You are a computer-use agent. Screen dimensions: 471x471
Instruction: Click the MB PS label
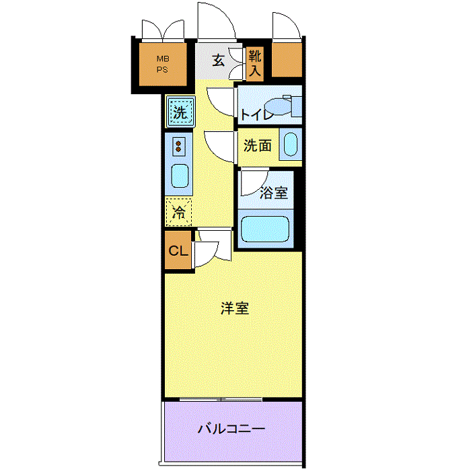(163, 64)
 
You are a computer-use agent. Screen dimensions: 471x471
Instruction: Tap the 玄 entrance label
(219, 61)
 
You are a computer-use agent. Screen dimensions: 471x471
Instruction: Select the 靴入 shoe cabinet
(255, 63)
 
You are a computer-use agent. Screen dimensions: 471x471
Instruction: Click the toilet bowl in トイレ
(279, 106)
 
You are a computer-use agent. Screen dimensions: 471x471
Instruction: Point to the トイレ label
(258, 115)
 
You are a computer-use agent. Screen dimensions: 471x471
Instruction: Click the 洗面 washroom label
(258, 145)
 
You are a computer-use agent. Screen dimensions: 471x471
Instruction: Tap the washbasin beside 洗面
(291, 144)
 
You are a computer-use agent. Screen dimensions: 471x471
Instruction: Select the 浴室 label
(274, 192)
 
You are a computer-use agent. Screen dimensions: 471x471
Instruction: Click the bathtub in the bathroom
(265, 229)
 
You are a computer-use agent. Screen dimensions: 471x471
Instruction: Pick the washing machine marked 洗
(180, 112)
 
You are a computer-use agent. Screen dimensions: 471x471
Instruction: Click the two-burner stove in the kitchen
(179, 146)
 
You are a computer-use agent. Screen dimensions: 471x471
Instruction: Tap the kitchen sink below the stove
(180, 176)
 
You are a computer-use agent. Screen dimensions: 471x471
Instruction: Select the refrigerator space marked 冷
(179, 212)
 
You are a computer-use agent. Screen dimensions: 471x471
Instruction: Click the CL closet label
(178, 250)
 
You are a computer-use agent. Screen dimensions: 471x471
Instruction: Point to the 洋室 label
(235, 308)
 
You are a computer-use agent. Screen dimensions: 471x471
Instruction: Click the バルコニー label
(231, 429)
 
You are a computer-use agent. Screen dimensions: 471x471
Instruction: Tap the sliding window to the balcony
(221, 399)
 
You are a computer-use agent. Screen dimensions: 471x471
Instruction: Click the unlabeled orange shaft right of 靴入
(287, 59)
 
